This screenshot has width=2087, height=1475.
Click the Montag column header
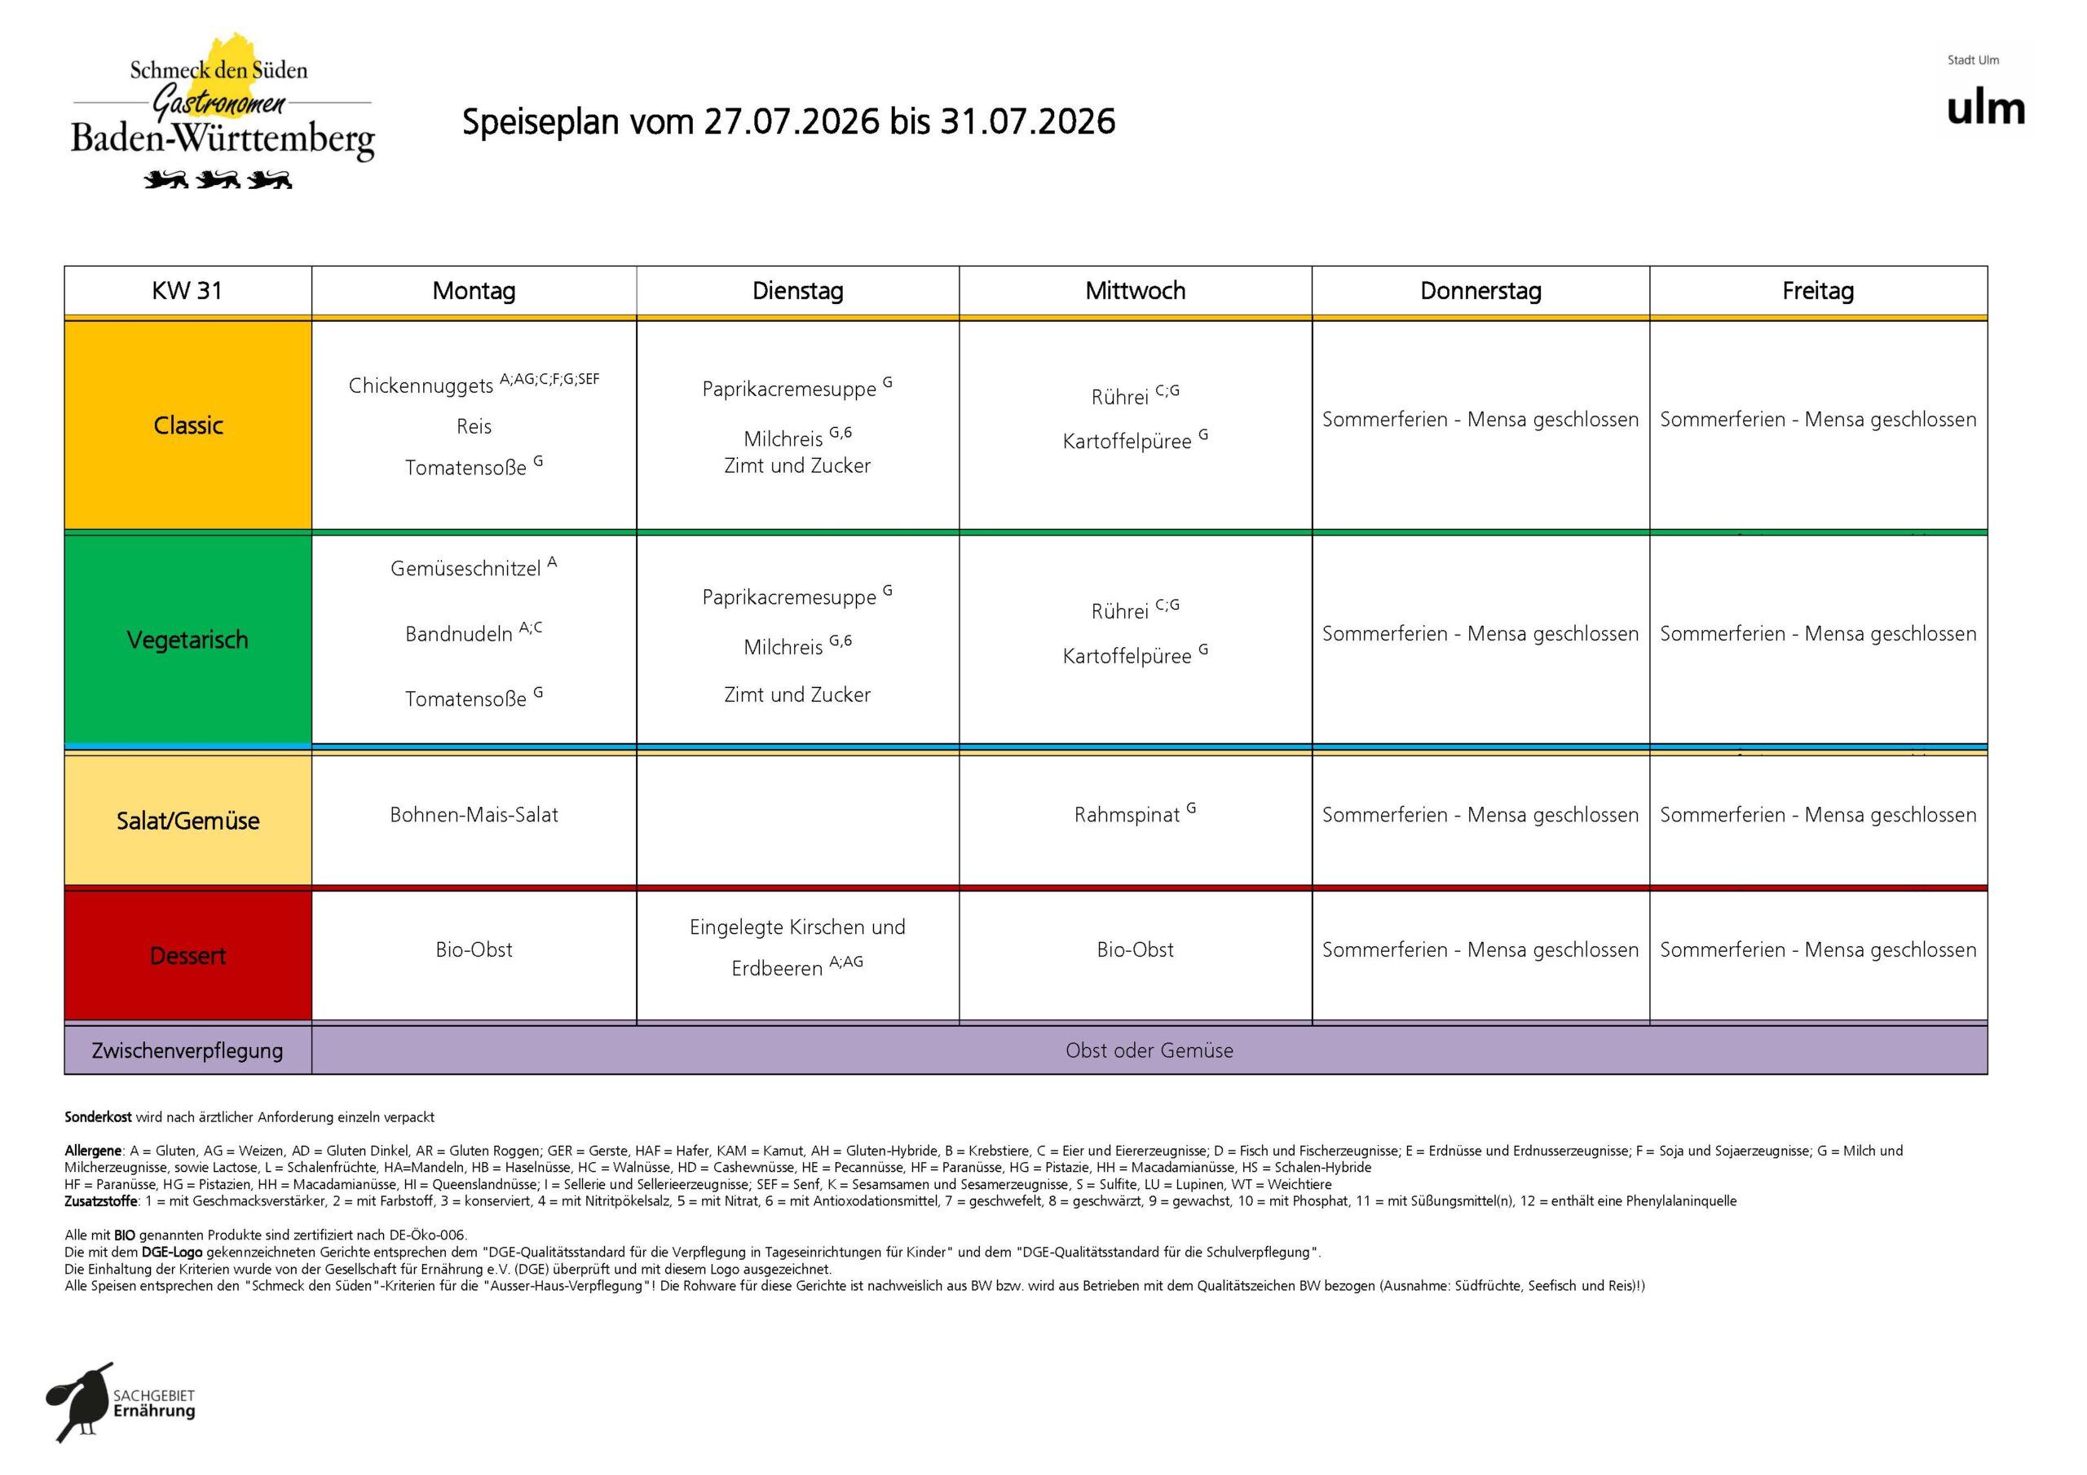[474, 291]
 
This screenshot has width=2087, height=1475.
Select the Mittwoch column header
[1136, 291]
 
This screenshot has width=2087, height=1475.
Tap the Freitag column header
[1818, 291]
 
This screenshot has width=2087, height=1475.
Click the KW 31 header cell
[188, 291]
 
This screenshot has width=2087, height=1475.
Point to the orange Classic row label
[188, 425]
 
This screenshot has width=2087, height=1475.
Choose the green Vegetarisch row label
[188, 640]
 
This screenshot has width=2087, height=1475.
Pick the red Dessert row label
[188, 956]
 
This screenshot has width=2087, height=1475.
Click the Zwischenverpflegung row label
[188, 1050]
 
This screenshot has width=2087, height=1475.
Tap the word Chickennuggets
[421, 386]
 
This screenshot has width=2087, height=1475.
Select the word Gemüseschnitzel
[465, 569]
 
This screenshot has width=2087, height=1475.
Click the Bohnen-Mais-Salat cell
[474, 815]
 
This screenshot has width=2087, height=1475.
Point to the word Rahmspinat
[1127, 815]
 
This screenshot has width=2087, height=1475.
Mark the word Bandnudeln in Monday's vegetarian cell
[459, 634]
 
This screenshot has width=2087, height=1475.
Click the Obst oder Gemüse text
[1149, 1050]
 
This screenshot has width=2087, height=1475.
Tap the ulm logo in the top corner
[1986, 108]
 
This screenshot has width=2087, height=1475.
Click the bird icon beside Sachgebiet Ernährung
[80, 1402]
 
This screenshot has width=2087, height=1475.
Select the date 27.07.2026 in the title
[792, 121]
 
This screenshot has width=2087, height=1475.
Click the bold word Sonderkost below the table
[98, 1117]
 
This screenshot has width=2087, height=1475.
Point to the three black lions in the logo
[218, 179]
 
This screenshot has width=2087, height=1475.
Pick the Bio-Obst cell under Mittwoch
[1136, 949]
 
